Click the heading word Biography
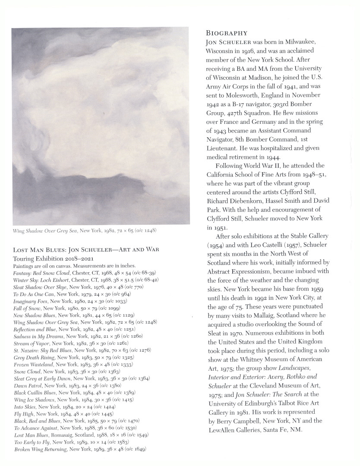227,33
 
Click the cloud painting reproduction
101,126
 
